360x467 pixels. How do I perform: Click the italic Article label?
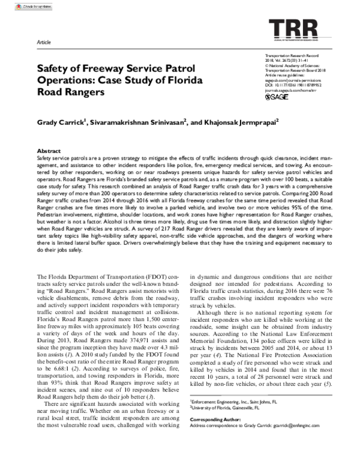click(44, 44)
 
